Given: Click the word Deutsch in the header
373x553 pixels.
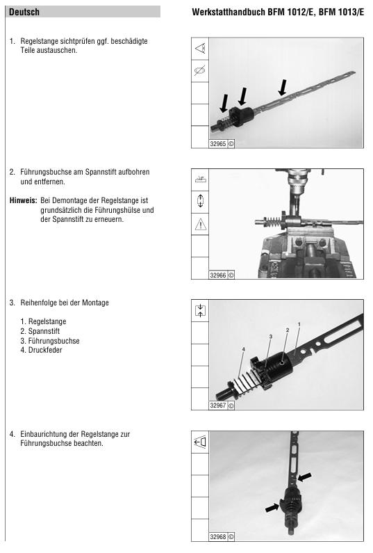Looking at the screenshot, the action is tap(24, 12).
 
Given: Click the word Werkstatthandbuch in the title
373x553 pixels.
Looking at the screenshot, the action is tap(229, 12).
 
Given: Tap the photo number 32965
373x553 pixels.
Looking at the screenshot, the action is tap(218, 144).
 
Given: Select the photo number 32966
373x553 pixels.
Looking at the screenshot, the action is tap(218, 275).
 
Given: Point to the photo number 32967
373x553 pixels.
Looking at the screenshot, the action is tap(218, 406).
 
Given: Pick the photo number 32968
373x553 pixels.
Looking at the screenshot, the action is tap(218, 537).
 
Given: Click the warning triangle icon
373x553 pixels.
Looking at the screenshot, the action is tap(201, 224).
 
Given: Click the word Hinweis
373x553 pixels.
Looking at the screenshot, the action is tap(23, 200).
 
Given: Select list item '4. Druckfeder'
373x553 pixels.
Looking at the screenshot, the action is tap(41, 350).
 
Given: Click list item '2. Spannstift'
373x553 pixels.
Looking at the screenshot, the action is tap(40, 331).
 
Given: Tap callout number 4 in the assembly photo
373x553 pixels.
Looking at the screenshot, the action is tap(243, 349).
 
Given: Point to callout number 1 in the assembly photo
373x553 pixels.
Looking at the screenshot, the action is tap(299, 323).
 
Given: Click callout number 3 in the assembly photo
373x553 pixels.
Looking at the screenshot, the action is tap(270, 337).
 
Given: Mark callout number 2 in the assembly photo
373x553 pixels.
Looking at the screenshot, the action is tap(288, 330).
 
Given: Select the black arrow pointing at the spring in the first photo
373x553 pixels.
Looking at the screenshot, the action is tap(224, 104).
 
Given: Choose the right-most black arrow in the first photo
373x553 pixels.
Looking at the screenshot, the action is tap(282, 88).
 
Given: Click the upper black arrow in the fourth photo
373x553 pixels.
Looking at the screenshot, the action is tap(304, 477).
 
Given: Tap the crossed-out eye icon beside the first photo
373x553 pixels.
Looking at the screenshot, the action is tap(200, 70).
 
